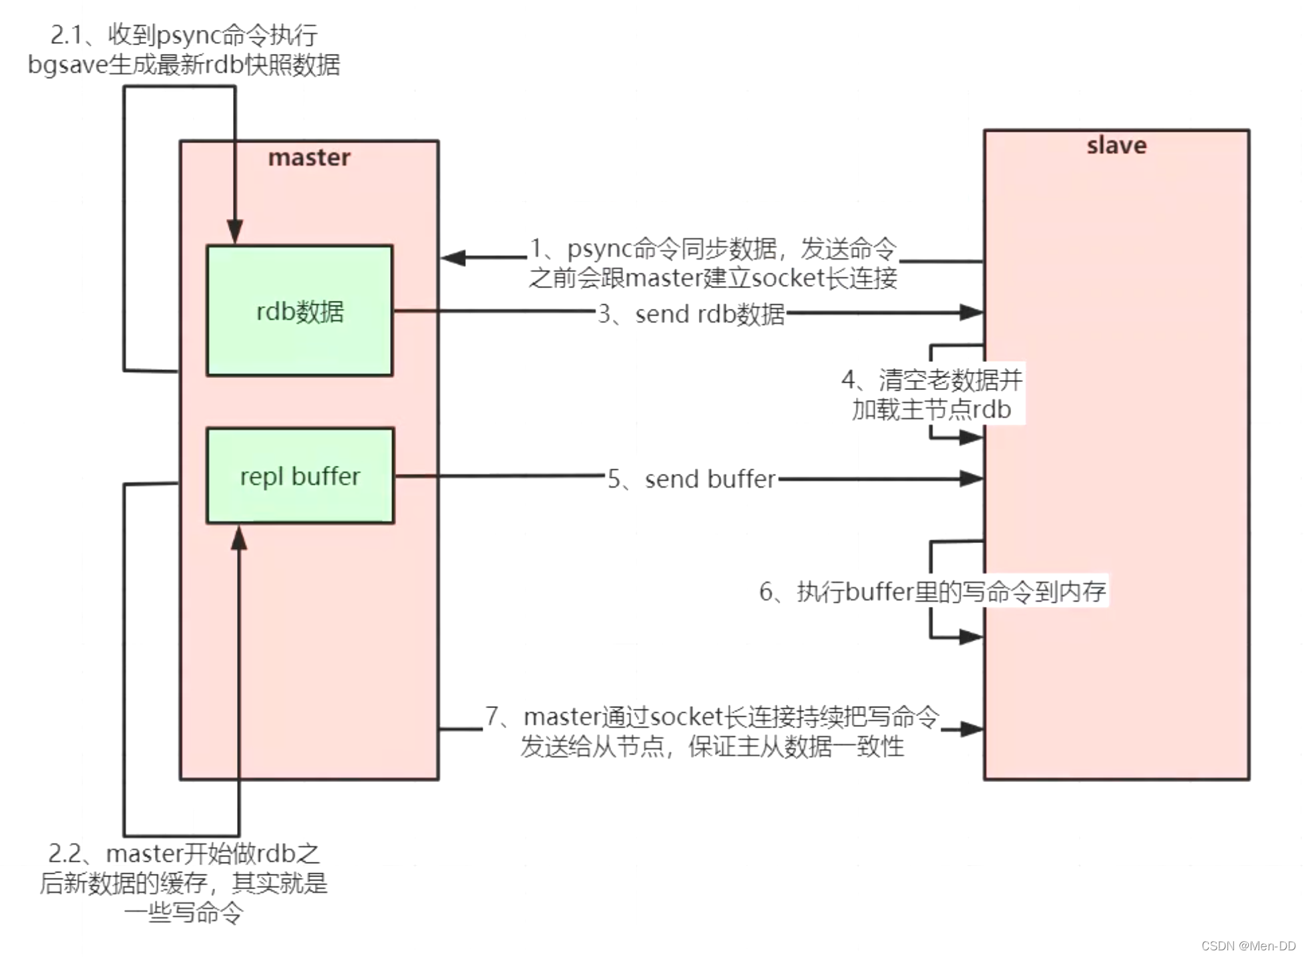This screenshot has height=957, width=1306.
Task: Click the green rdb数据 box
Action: [x=299, y=310]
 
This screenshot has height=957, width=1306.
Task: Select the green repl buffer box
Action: [x=300, y=475]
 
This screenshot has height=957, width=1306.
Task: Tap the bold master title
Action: [x=309, y=157]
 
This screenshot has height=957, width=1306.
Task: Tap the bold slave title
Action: [x=1116, y=145]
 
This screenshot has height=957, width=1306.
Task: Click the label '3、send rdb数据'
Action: [x=691, y=313]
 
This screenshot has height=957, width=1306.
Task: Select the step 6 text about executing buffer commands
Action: [x=932, y=591]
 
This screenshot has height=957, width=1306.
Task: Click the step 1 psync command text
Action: [x=712, y=263]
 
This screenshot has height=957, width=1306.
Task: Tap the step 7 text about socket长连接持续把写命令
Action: [x=712, y=731]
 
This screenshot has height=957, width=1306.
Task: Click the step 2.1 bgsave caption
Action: [x=184, y=50]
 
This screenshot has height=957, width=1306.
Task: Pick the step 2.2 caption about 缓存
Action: [x=184, y=882]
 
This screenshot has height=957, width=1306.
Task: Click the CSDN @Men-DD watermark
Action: [x=1247, y=946]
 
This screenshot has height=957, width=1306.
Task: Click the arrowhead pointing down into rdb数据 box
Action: [x=235, y=232]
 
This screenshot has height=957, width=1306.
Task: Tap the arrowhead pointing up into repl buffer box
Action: [x=239, y=538]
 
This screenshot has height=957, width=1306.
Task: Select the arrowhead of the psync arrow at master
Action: [x=453, y=258]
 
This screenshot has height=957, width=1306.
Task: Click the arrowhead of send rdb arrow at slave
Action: [x=971, y=311]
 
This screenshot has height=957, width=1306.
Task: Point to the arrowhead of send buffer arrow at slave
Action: [x=971, y=478]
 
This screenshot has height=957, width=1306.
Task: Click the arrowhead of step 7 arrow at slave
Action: [x=971, y=729]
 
